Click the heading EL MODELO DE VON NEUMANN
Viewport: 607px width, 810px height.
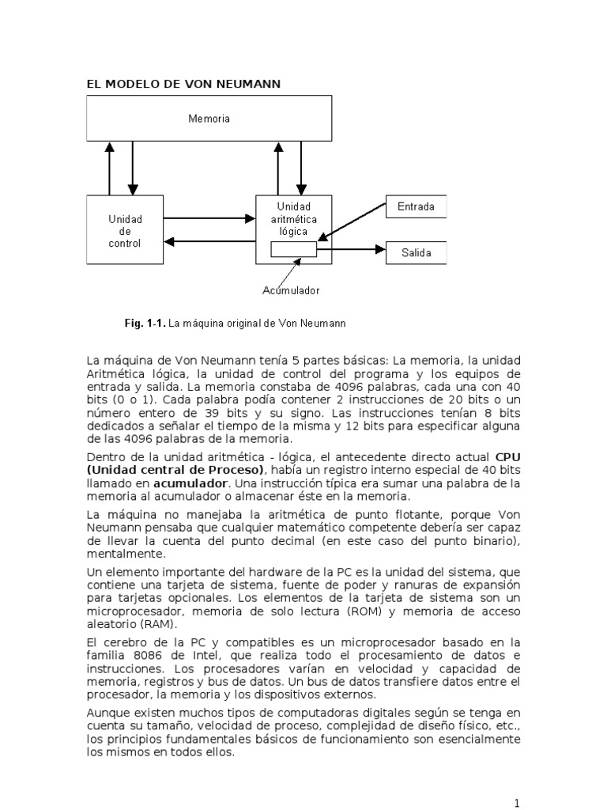point(183,83)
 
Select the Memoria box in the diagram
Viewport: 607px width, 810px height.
point(209,119)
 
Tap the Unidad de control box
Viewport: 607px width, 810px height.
point(124,230)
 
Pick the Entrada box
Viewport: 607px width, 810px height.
point(416,206)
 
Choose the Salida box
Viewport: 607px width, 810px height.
point(416,253)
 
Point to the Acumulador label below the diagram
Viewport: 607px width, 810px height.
point(291,290)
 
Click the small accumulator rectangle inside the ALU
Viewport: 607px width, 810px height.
point(293,249)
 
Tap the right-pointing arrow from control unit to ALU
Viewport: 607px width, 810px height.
point(209,218)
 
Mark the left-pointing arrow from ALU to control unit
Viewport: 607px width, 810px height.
point(209,242)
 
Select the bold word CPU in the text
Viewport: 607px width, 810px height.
point(508,457)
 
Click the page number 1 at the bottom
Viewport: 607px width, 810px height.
point(517,804)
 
